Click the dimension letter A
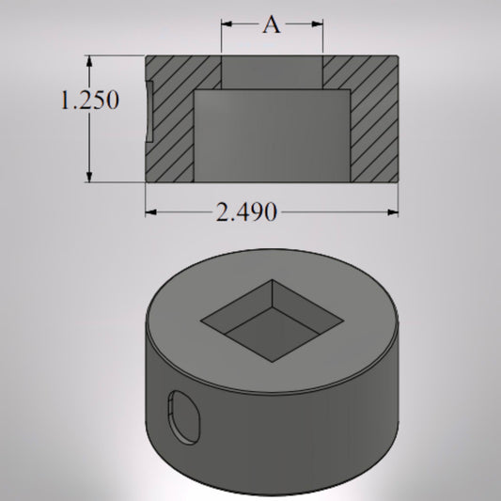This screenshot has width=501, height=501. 271,25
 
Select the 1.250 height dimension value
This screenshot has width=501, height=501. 89,100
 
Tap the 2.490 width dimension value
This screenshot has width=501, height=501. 246,212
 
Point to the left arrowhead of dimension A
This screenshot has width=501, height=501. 226,25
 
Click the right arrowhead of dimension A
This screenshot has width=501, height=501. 319,25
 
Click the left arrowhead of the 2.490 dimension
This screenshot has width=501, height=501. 150,212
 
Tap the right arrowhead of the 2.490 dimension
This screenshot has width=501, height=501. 393,212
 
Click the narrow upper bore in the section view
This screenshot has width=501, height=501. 272,72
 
